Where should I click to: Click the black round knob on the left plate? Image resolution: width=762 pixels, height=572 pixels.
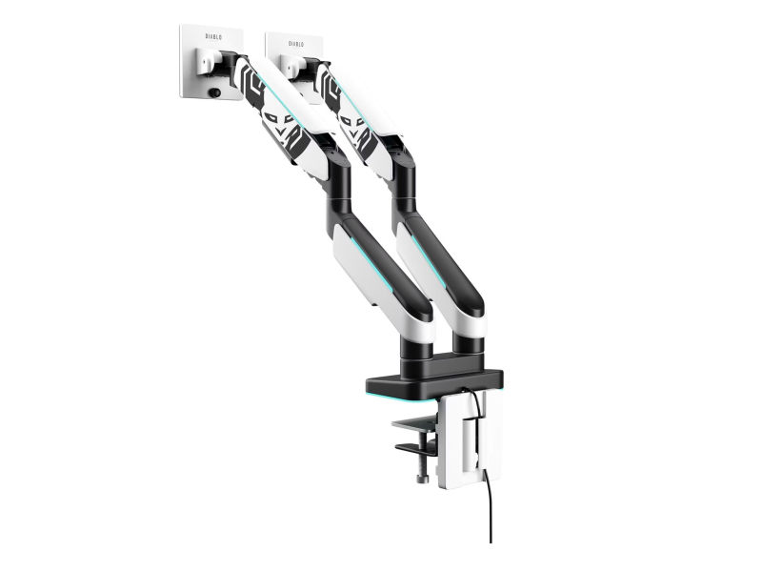point(215,92)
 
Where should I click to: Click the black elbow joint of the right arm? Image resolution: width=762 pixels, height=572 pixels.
point(404,192)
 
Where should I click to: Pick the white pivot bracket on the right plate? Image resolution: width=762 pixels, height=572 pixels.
point(291,67)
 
